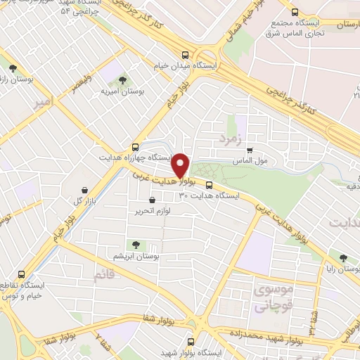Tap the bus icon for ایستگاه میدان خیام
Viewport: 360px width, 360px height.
[186, 54]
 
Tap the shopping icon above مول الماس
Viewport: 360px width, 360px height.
[250, 149]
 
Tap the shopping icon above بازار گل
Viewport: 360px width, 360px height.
[85, 189]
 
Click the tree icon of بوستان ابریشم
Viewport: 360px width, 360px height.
[135, 245]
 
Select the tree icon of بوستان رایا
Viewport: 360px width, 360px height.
[342, 258]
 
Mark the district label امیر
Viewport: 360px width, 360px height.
[42, 103]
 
